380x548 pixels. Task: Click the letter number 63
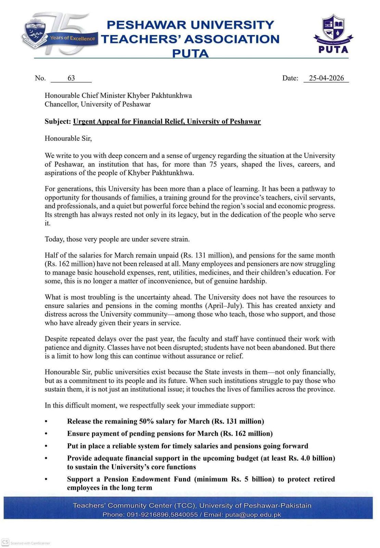coord(71,78)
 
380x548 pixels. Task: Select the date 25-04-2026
coord(326,78)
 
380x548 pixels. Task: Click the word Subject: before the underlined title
coord(58,122)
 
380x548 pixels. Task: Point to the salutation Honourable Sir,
coord(68,138)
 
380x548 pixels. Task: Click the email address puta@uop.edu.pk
coord(253,515)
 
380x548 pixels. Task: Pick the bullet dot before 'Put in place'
coord(46,446)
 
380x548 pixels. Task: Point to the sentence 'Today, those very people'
coord(117,239)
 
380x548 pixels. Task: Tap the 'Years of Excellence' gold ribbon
coord(72,38)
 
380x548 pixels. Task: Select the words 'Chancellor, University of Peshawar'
coord(98,104)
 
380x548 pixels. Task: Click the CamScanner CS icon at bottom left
coord(5,542)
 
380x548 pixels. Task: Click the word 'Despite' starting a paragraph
coord(56,339)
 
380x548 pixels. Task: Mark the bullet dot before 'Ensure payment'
coord(46,434)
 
